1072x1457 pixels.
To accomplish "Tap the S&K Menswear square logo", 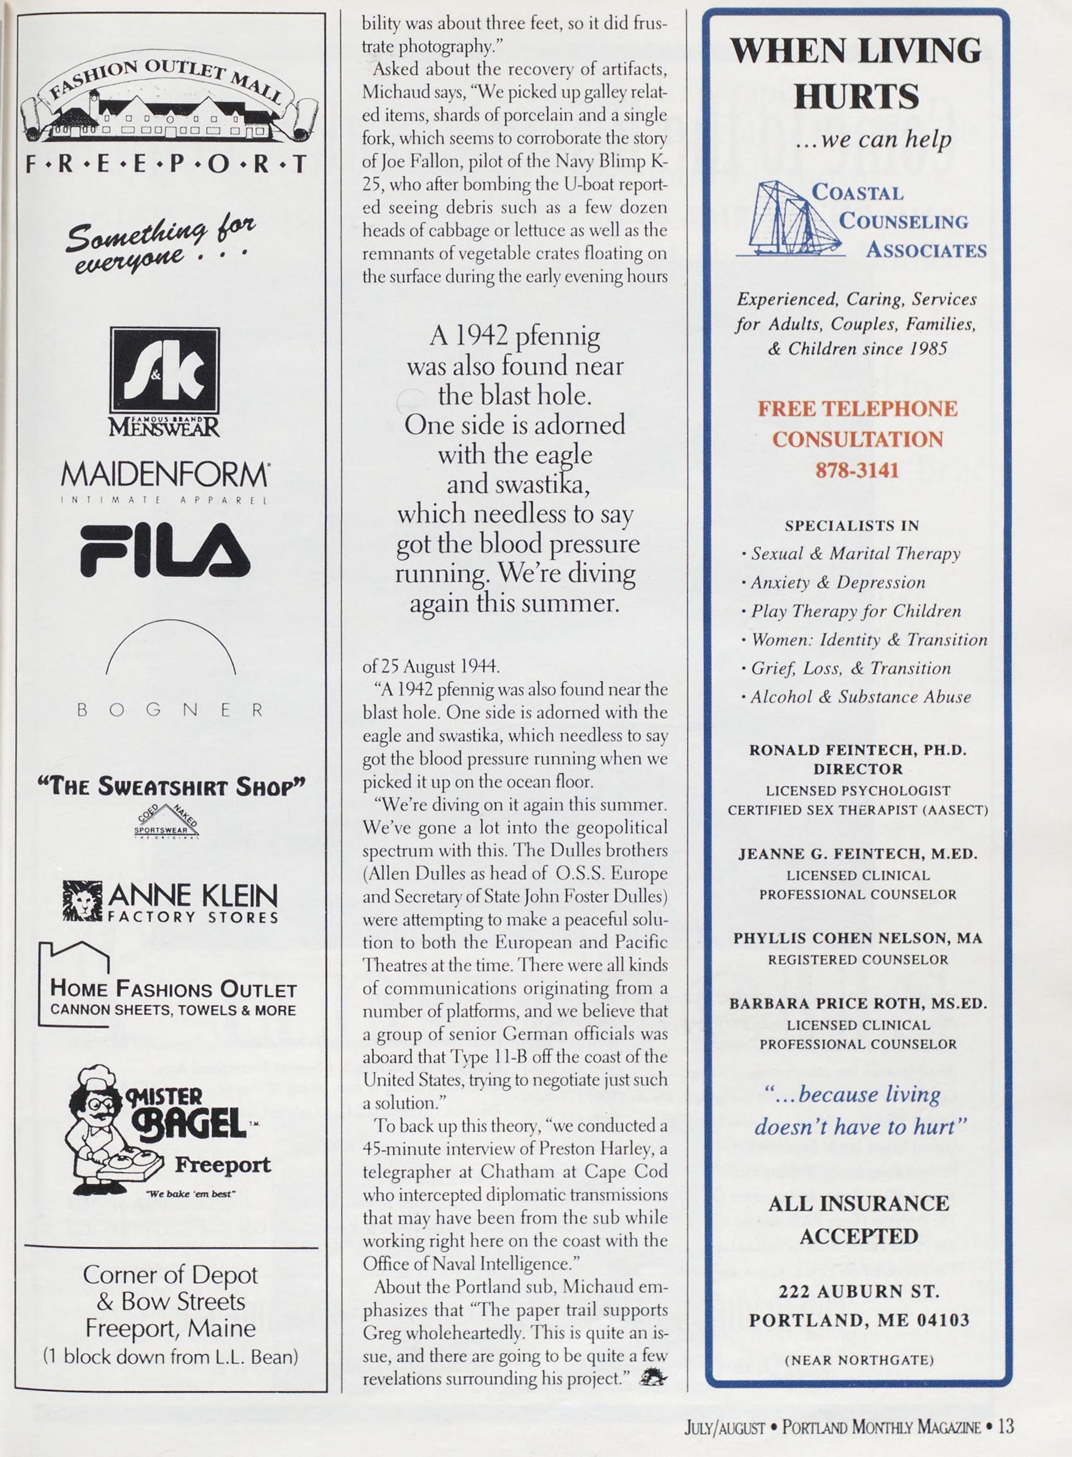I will pyautogui.click(x=165, y=377).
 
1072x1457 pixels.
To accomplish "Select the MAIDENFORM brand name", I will pyautogui.click(x=165, y=475).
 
